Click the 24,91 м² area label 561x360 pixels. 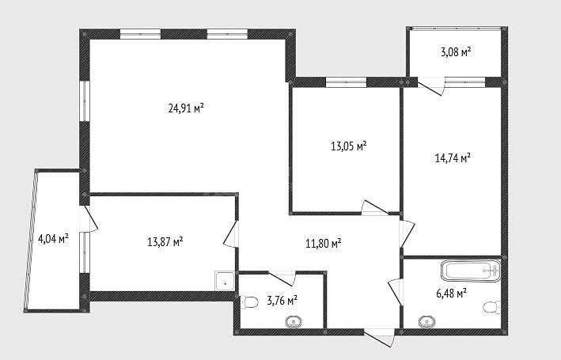pyautogui.click(x=186, y=108)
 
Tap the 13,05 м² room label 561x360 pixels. pyautogui.click(x=349, y=146)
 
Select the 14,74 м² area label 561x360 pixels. pyautogui.click(x=453, y=157)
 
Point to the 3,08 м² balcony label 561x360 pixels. pyautogui.click(x=456, y=52)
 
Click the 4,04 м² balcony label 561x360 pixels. pyautogui.click(x=53, y=238)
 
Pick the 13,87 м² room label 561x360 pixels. pyautogui.click(x=165, y=242)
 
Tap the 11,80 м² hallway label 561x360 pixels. pyautogui.click(x=324, y=244)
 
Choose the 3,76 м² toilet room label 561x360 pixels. pyautogui.click(x=282, y=300)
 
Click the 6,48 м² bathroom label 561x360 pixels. pyautogui.click(x=452, y=294)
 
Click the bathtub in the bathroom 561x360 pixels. pyautogui.click(x=471, y=271)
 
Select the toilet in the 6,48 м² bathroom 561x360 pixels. pyautogui.click(x=492, y=308)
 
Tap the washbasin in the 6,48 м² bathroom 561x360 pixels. pyautogui.click(x=426, y=322)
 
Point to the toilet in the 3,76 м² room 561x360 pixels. pyautogui.click(x=249, y=302)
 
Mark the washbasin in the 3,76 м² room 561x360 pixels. pyautogui.click(x=294, y=322)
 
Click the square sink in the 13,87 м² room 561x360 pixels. pyautogui.click(x=225, y=281)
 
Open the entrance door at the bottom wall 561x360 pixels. pyautogui.click(x=379, y=338)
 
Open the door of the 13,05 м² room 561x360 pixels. pyautogui.click(x=374, y=207)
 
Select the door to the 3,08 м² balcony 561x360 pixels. pyautogui.click(x=430, y=86)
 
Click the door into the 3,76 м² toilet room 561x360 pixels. pyautogui.click(x=282, y=279)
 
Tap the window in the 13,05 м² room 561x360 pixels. pyautogui.click(x=346, y=82)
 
